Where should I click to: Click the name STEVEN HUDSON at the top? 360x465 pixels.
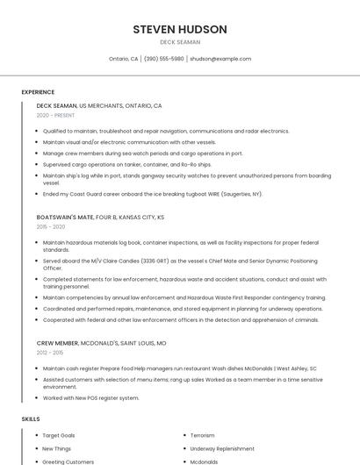(x=180, y=29)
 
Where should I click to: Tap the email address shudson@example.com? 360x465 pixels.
(x=220, y=59)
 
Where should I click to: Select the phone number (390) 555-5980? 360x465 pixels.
(x=164, y=59)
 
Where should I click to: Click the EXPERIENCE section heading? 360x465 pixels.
(x=38, y=92)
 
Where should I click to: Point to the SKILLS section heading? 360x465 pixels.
(x=31, y=419)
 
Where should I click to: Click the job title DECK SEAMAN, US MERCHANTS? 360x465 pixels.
(x=99, y=105)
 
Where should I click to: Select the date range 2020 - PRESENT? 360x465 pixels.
(x=56, y=115)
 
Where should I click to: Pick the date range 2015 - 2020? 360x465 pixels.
(x=51, y=226)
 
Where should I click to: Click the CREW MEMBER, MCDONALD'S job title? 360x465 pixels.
(x=101, y=343)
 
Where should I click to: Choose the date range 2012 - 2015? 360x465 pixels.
(x=50, y=353)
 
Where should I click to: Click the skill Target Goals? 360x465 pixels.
(x=59, y=435)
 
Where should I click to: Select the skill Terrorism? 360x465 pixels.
(x=203, y=435)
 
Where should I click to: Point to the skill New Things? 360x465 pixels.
(x=58, y=448)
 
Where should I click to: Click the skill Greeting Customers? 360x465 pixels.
(x=68, y=461)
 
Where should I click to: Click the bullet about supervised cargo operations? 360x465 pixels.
(x=127, y=164)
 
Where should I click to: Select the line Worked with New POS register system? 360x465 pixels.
(x=91, y=397)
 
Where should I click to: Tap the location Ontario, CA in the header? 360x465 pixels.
(x=124, y=59)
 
